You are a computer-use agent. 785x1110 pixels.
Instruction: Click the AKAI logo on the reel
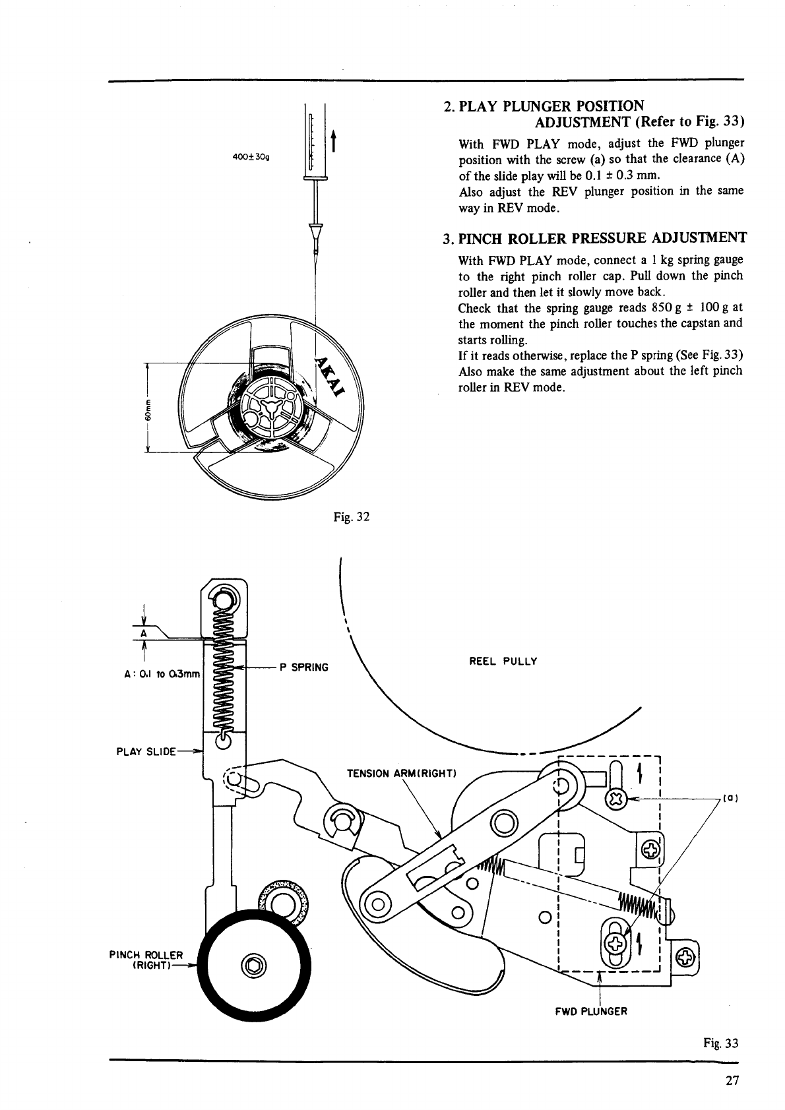click(330, 376)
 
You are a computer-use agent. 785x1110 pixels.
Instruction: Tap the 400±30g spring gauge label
click(251, 157)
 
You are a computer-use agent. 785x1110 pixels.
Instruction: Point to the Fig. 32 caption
click(352, 517)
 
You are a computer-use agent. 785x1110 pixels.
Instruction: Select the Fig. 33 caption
click(720, 1043)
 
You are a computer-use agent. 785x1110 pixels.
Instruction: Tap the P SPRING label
click(304, 667)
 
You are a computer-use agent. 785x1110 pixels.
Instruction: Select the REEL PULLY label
click(503, 662)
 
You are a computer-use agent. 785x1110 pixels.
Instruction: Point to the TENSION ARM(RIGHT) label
click(401, 774)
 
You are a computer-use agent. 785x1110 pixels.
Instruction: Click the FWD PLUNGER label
click(591, 1011)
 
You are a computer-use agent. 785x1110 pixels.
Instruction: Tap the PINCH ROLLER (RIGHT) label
click(146, 960)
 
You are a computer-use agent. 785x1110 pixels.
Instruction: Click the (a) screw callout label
click(730, 798)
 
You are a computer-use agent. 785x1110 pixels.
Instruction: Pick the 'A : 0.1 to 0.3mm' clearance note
click(162, 674)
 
